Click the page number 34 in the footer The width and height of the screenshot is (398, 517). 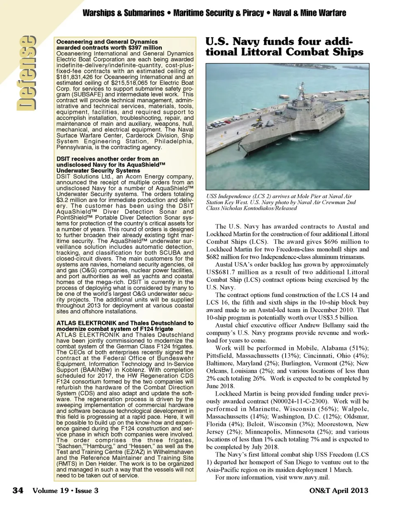tap(17, 490)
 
